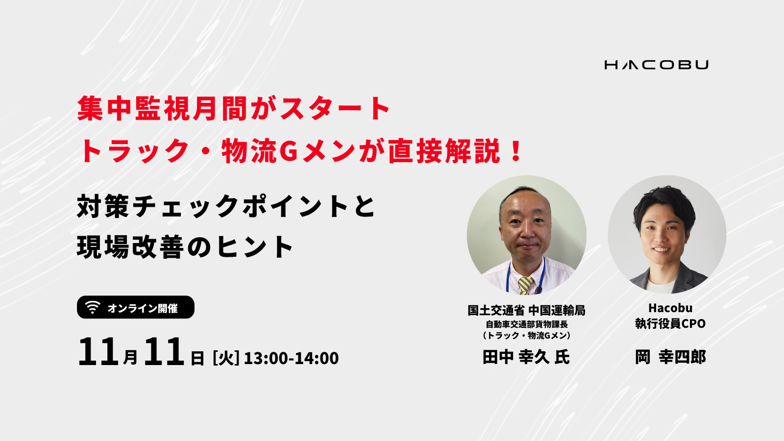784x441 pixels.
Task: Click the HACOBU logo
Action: (x=656, y=65)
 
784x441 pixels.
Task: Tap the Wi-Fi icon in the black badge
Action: (x=93, y=307)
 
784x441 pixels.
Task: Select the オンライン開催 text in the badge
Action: (x=143, y=308)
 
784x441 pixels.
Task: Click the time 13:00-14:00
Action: (x=291, y=358)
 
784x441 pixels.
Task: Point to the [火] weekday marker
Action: (x=226, y=358)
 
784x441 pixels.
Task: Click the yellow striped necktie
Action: (x=526, y=285)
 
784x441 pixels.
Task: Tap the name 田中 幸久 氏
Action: (x=526, y=357)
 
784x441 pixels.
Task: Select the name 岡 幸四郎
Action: (x=670, y=357)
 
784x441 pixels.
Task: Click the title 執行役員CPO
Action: (x=670, y=323)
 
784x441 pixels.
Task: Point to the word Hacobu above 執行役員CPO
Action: (x=670, y=308)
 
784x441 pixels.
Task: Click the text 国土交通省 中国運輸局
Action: (x=526, y=311)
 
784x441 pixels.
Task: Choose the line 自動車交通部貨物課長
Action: (x=526, y=324)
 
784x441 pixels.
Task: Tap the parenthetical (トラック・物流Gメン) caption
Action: (x=526, y=335)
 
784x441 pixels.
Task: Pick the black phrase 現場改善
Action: (x=130, y=247)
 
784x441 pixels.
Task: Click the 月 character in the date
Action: (x=130, y=357)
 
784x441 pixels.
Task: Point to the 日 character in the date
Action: (x=197, y=358)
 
